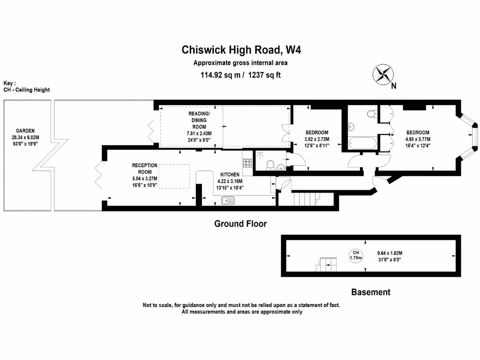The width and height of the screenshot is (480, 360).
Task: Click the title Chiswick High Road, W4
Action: (x=240, y=50)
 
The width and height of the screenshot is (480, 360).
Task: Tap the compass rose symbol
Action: (x=383, y=74)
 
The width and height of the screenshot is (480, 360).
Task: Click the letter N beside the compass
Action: (x=394, y=86)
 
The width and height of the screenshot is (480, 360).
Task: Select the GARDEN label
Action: (x=25, y=131)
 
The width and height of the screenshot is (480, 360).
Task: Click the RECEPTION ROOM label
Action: (x=144, y=169)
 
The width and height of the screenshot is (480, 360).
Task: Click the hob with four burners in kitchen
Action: (x=247, y=163)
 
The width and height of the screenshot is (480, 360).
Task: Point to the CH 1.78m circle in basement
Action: (x=356, y=255)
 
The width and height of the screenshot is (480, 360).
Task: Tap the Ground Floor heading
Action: (x=240, y=224)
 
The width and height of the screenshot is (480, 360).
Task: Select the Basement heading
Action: (x=370, y=292)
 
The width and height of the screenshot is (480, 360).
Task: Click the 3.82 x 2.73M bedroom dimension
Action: (x=317, y=139)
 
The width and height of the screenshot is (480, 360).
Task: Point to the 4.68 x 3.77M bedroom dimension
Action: (x=417, y=139)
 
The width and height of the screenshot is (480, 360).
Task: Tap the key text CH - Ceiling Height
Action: (x=27, y=90)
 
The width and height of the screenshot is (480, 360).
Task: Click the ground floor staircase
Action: (x=304, y=199)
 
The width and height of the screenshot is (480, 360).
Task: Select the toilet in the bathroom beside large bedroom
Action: (x=371, y=113)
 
